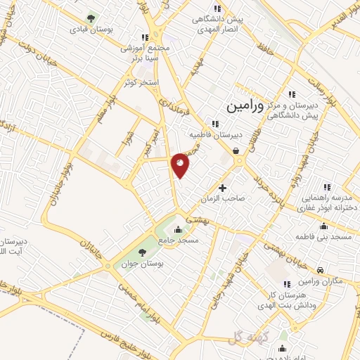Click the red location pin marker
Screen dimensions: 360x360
tap(181, 165)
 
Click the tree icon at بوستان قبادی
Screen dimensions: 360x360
tap(90, 18)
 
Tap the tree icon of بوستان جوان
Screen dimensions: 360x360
tap(142, 251)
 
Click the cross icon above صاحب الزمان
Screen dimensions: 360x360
tap(223, 188)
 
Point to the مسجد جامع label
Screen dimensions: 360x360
tap(179, 240)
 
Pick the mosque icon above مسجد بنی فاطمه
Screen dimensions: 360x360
tap(323, 226)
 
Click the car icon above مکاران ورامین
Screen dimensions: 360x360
tap(320, 270)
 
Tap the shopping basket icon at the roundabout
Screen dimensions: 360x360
tap(236, 150)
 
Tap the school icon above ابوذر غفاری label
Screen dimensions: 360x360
tap(326, 188)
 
